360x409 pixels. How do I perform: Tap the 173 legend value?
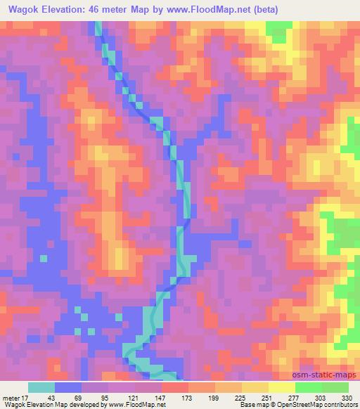(188, 397)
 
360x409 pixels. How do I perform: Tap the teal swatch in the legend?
(41, 387)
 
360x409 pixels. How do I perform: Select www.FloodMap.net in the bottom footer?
(143, 405)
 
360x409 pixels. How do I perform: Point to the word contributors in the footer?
(342, 405)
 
